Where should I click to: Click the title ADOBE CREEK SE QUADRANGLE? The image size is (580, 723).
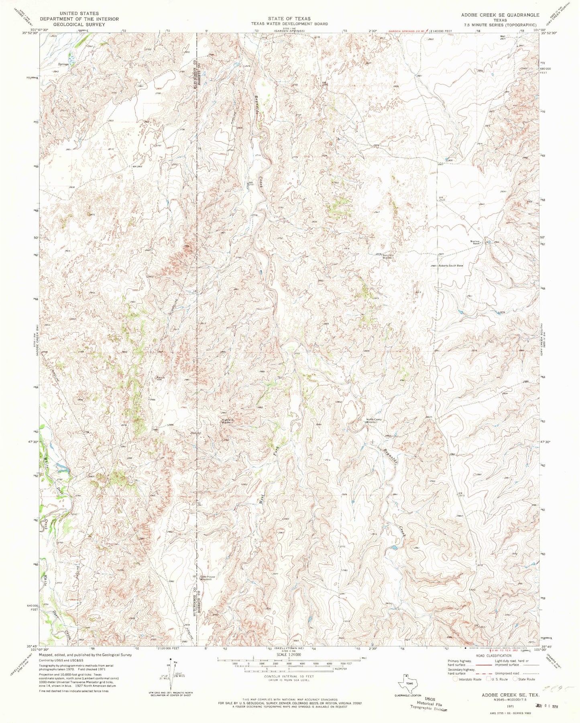click(506, 14)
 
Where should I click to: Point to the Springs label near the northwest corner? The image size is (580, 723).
click(63, 64)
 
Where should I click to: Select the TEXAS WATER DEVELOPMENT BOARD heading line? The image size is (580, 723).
click(288, 24)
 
